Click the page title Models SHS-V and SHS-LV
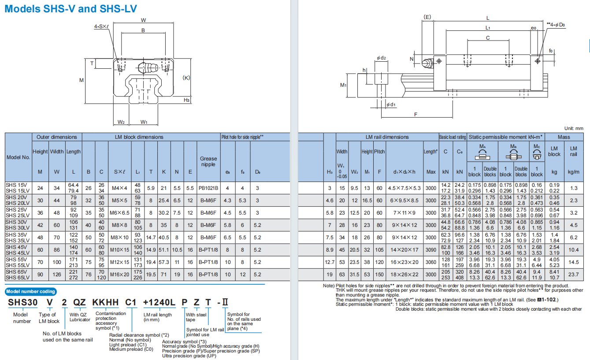pyautogui.click(x=71, y=9)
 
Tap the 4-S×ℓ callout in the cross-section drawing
pyautogui.click(x=101, y=26)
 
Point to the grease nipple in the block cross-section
pyautogui.click(x=148, y=68)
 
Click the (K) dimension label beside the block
pyautogui.click(x=186, y=78)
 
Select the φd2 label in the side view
pyautogui.click(x=381, y=58)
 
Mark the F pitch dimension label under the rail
pyautogui.click(x=416, y=114)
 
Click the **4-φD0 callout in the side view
pyautogui.click(x=556, y=25)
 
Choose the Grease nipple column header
pyautogui.click(x=208, y=161)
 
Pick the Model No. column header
pyautogui.click(x=18, y=157)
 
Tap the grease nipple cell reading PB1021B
pyautogui.click(x=208, y=188)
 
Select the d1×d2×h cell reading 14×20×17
pyautogui.click(x=404, y=250)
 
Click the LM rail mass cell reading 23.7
pyautogui.click(x=573, y=275)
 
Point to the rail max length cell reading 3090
pyautogui.click(x=431, y=250)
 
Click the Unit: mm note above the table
pyautogui.click(x=574, y=128)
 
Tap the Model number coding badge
pyautogui.click(x=30, y=292)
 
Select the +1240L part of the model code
pyautogui.click(x=159, y=302)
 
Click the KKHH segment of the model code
pyautogui.click(x=106, y=302)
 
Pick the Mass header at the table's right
pyautogui.click(x=564, y=137)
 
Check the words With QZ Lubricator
pyautogui.click(x=80, y=317)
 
